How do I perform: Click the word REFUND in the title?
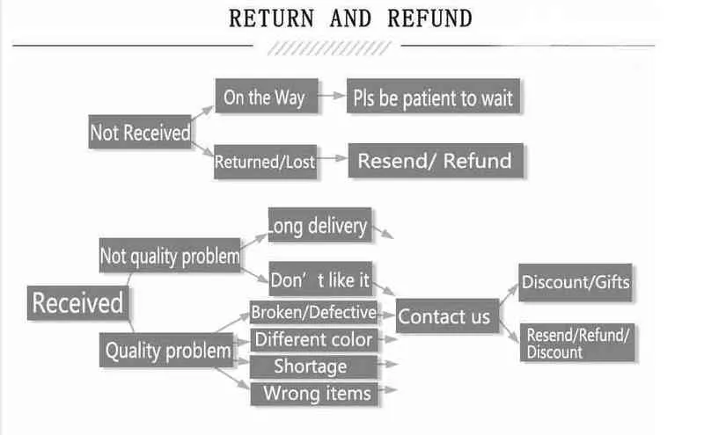tap(429, 18)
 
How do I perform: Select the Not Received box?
tap(140, 132)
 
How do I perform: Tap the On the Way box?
tap(267, 96)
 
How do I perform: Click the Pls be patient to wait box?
tap(433, 97)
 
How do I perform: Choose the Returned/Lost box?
tap(266, 162)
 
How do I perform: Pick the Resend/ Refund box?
tap(436, 161)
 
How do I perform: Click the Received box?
tap(77, 303)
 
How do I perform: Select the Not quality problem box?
tap(170, 255)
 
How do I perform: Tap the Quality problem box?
tap(166, 351)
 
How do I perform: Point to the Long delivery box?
tap(319, 225)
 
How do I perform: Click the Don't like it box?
tap(320, 279)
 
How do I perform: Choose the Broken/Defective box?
tap(314, 312)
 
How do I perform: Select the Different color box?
tap(314, 340)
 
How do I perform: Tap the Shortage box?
tap(314, 366)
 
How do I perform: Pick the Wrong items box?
tap(314, 395)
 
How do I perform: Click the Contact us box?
tap(448, 316)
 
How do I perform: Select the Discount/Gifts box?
tap(576, 282)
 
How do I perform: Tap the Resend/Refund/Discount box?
tap(577, 343)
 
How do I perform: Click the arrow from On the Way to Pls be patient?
tap(332, 96)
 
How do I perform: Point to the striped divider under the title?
tap(329, 48)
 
